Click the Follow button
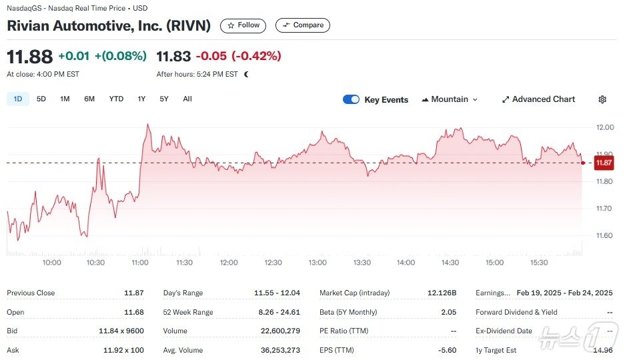pyautogui.click(x=243, y=25)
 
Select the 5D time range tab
pyautogui.click(x=41, y=99)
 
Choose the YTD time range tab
pyautogui.click(x=116, y=99)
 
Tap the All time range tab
pyautogui.click(x=187, y=99)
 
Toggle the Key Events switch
pyautogui.click(x=351, y=99)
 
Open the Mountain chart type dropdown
pyautogui.click(x=450, y=99)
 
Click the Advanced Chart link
pyautogui.click(x=538, y=99)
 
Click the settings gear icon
pyautogui.click(x=602, y=99)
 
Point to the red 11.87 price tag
pyautogui.click(x=604, y=163)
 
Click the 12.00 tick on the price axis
pyautogui.click(x=604, y=127)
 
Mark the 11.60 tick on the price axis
pyautogui.click(x=604, y=235)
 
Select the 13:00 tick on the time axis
pyautogui.click(x=318, y=263)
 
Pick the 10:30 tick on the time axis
pyautogui.click(x=95, y=263)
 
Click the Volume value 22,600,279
pyautogui.click(x=277, y=331)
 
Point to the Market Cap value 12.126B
pyautogui.click(x=442, y=293)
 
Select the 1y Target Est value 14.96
pyautogui.click(x=602, y=350)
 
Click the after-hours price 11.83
pyautogui.click(x=173, y=56)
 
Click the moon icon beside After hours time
pyautogui.click(x=246, y=75)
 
